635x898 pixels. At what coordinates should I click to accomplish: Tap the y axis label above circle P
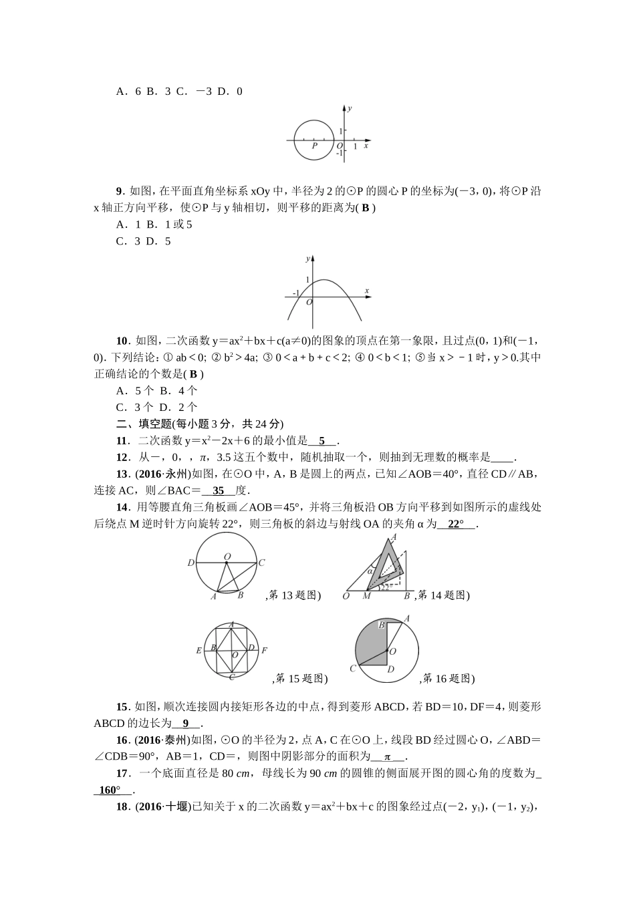pos(350,108)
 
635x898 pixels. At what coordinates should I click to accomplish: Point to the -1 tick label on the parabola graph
pos(295,293)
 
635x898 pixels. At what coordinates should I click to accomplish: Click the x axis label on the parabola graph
pos(367,290)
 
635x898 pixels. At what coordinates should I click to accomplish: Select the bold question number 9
pos(121,192)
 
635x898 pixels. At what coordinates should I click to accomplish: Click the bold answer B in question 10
pos(194,374)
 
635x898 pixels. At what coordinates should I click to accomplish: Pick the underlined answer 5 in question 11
pos(322,441)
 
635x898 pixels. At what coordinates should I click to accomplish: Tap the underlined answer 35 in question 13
pos(218,490)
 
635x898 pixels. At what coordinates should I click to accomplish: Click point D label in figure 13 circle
pos(190,563)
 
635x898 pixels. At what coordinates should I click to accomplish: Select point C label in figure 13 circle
pos(262,563)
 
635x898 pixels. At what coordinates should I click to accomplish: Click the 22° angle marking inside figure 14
pos(384,587)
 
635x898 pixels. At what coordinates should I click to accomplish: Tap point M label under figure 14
pos(366,596)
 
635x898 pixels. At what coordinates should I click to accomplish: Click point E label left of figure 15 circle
pos(199,650)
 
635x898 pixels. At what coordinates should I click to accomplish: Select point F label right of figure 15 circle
pos(264,650)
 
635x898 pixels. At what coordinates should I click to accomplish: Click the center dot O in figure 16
pos(387,649)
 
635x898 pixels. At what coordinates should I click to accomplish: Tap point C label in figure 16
pos(352,668)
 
